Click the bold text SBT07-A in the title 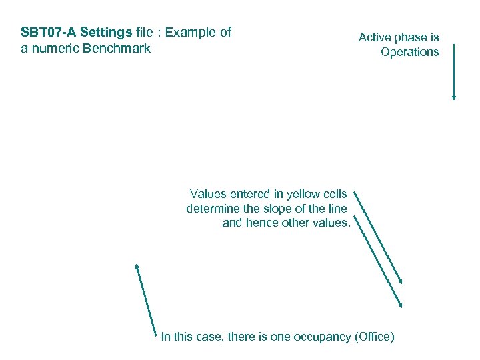click(x=49, y=32)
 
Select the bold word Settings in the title click(x=106, y=32)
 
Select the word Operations click(x=410, y=52)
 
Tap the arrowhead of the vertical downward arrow click(x=454, y=97)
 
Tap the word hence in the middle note click(x=262, y=223)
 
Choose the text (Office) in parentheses click(x=376, y=337)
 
